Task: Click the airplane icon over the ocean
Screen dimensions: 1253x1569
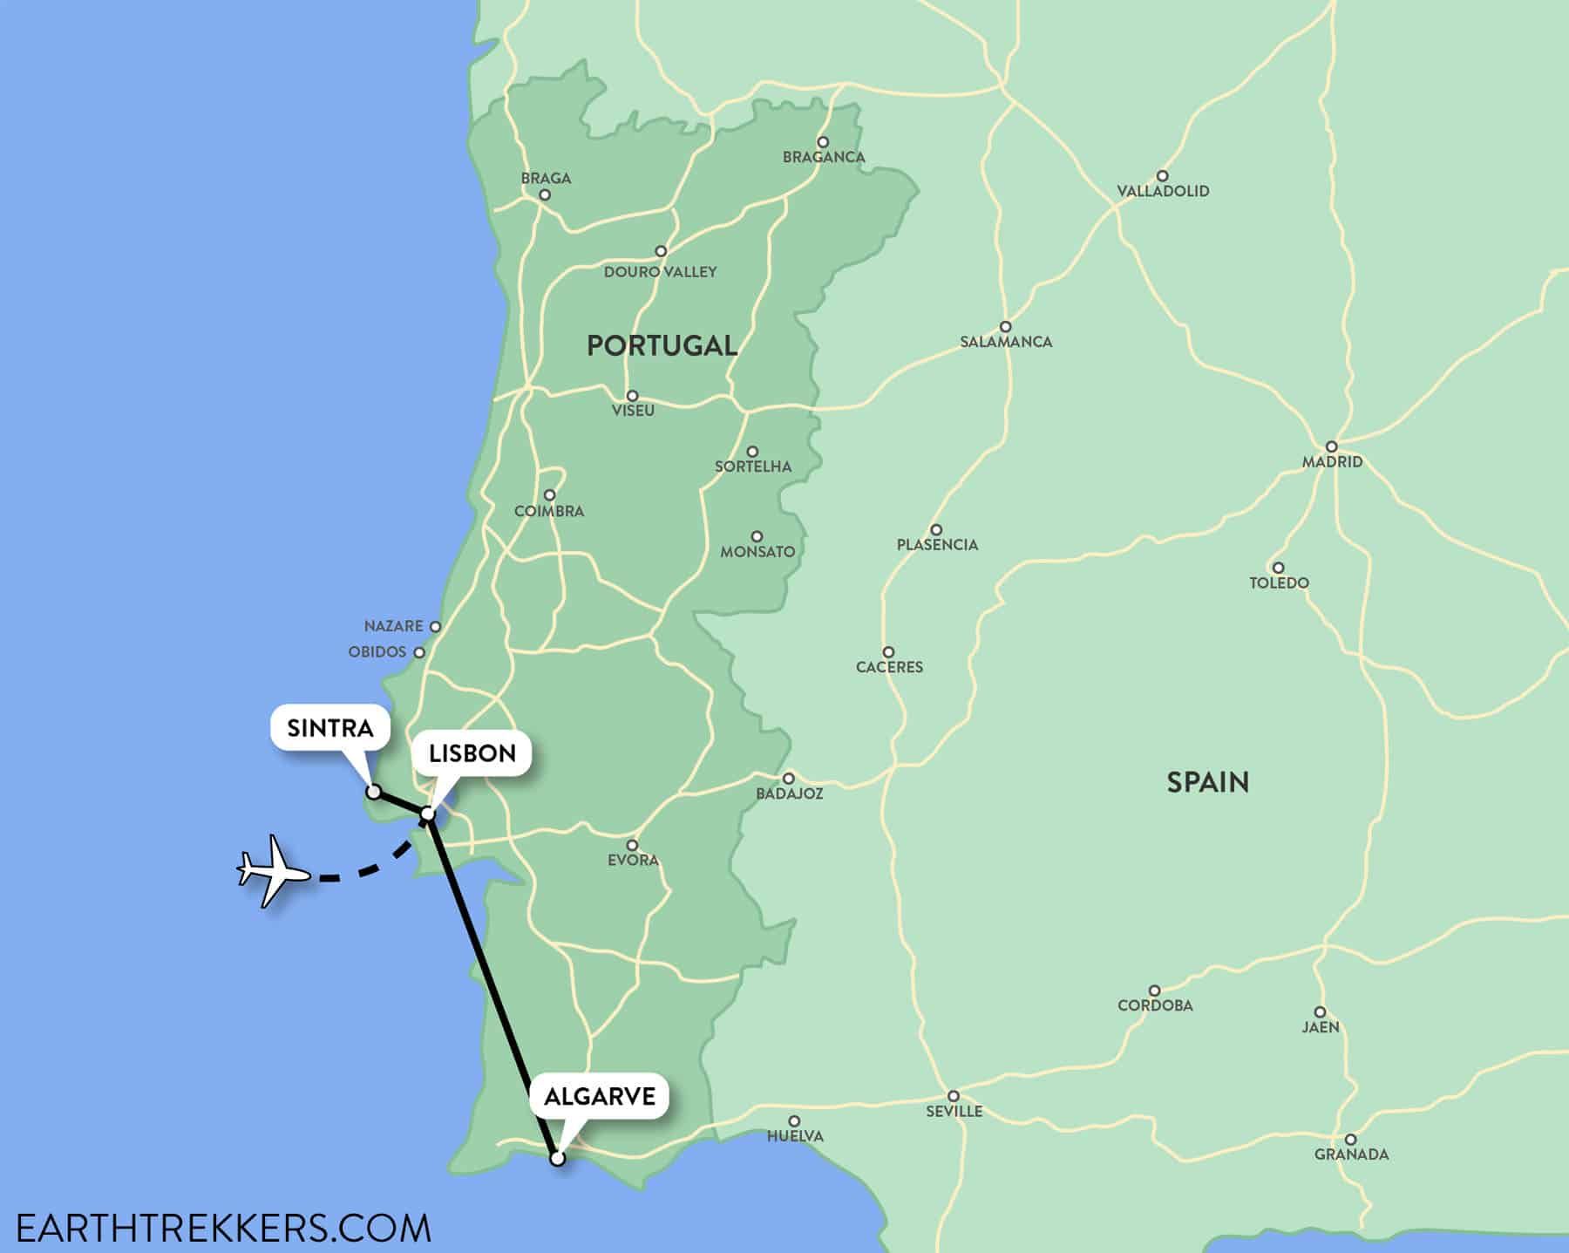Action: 273,871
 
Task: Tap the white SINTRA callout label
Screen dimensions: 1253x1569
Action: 329,728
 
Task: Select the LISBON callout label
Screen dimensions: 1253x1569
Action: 472,753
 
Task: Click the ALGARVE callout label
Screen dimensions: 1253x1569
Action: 600,1096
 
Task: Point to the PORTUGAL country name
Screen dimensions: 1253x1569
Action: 662,345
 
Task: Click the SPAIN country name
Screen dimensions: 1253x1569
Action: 1207,782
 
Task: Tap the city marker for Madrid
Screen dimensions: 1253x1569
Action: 1332,446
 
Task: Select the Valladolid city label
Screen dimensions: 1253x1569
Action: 1163,191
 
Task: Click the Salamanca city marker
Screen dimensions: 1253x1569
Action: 1005,327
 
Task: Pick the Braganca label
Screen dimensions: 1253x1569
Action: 824,157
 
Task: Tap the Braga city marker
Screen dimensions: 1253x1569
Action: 545,195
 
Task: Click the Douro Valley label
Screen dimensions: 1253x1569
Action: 661,272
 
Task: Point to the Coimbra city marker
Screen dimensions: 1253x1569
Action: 549,495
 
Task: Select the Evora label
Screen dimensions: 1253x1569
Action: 633,861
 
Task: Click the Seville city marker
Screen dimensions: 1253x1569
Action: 954,1096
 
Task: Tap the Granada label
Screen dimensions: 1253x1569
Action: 1352,1154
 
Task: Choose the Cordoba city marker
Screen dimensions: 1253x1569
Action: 1154,991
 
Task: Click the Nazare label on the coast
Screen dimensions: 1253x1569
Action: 393,626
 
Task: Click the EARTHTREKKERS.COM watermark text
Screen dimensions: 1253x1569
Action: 223,1228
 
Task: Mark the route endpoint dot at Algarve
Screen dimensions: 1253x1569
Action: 558,1159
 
